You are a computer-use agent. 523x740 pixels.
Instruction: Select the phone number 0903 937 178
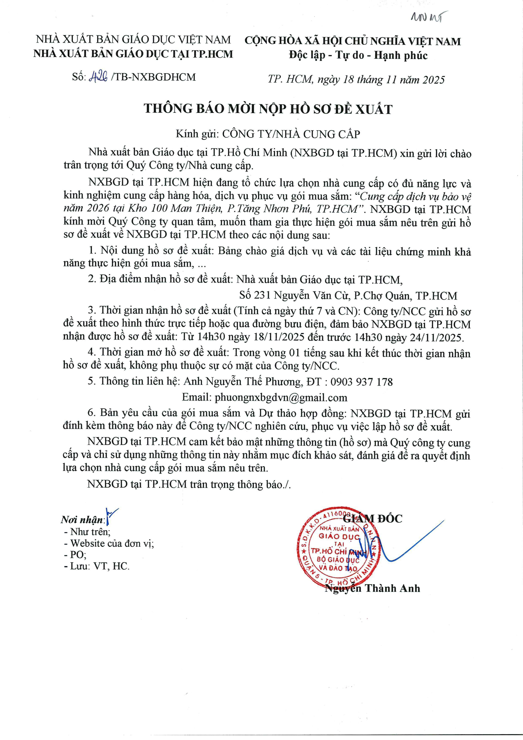361,382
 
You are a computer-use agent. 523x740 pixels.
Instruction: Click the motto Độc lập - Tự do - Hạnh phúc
358,55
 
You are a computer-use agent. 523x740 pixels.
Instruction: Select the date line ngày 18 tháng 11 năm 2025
381,80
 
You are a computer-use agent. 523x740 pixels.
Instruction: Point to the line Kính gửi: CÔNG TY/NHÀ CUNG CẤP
268,134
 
